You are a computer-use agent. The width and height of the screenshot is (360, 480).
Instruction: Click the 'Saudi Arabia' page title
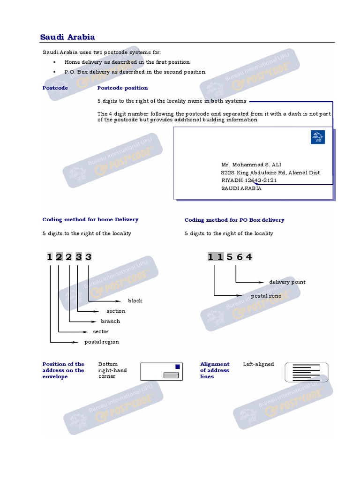coord(67,37)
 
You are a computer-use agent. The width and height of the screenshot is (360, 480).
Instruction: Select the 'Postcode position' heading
coord(122,88)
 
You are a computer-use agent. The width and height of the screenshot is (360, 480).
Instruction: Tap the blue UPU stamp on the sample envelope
coord(317,137)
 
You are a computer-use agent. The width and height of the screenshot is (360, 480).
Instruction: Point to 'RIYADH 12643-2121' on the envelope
coord(249,180)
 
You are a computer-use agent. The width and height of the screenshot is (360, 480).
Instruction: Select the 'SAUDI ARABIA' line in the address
coord(241,188)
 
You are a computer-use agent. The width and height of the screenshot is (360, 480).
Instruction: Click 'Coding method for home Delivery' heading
coord(90,219)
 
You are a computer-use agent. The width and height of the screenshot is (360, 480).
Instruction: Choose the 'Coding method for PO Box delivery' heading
coord(234,220)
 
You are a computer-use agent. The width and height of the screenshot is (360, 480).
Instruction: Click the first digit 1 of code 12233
coord(49,257)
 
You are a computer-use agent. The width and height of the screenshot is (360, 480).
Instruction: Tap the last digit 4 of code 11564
coord(249,257)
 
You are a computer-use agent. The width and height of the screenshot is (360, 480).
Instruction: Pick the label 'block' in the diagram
coord(135,301)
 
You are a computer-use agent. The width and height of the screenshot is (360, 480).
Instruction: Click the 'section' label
coord(116,311)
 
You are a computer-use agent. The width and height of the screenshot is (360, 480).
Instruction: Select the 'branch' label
coord(111,322)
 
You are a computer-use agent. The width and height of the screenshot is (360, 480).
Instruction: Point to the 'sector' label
coord(101,332)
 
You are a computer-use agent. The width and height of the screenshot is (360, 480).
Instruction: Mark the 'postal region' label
coord(102,342)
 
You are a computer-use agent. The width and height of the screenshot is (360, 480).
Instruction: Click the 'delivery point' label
coord(287,282)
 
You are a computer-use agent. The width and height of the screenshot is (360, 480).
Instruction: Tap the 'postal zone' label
coord(266,296)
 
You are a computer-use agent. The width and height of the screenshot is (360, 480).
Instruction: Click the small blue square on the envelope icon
coord(177,367)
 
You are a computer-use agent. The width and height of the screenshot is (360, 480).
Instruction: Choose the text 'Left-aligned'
coord(258,364)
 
